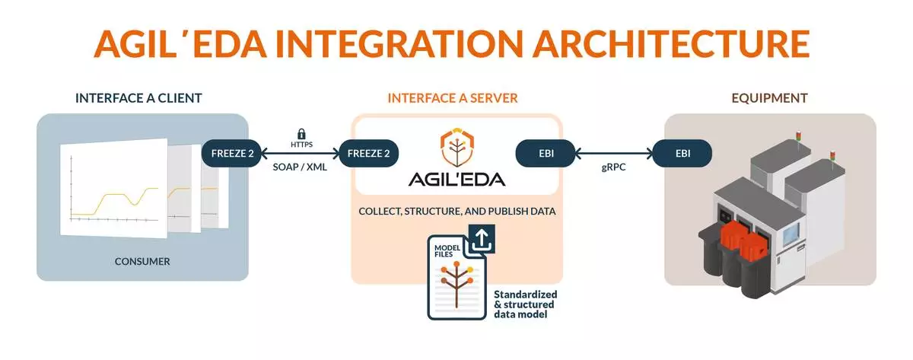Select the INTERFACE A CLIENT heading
pos(138,98)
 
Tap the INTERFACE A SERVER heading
pos(453,98)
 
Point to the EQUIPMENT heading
pos(770,98)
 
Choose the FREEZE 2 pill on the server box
pos(369,153)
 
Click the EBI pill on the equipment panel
pos(682,153)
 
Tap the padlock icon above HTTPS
pos(301,134)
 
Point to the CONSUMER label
pos(142,262)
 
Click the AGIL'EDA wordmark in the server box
pos(455,180)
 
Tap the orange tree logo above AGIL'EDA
pos(455,148)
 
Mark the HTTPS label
pos(301,145)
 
